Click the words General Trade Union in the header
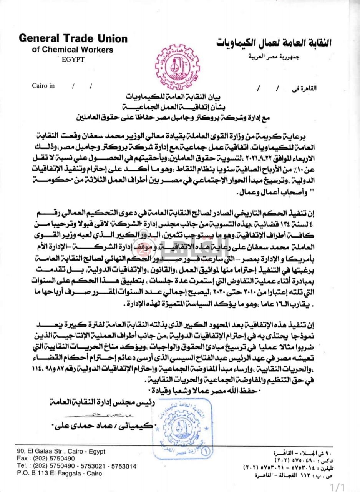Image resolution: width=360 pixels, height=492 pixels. (x=73, y=38)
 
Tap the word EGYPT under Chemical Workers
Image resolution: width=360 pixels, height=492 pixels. (x=72, y=59)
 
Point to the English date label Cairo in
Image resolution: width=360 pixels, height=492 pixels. (x=43, y=86)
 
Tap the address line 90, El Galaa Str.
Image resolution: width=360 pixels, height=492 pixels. (x=61, y=452)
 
